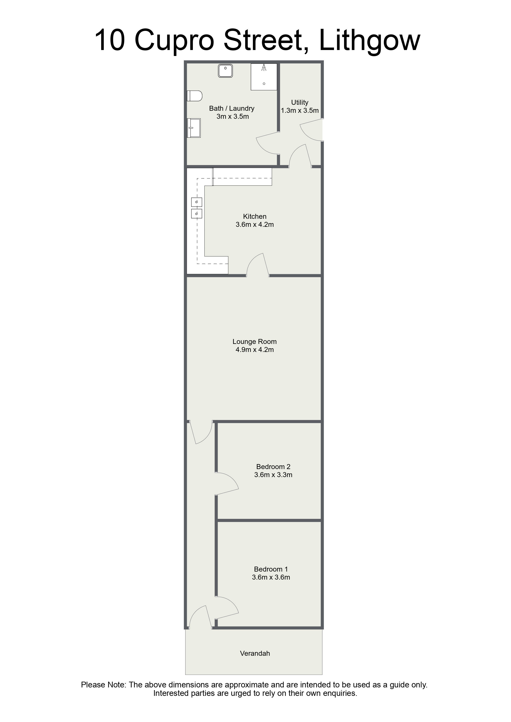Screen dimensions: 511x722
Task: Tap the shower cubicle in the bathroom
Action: (264, 77)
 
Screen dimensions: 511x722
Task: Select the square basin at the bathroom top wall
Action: (225, 71)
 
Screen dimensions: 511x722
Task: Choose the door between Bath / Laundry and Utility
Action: (268, 143)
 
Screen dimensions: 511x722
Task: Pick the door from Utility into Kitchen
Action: (300, 155)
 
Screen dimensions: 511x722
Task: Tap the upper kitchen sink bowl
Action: (196, 202)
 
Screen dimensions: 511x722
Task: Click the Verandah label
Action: (255, 653)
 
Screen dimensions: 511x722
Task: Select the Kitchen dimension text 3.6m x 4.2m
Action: (255, 225)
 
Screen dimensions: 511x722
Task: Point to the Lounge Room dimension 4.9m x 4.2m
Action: (255, 350)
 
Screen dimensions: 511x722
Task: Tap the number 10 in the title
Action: (110, 40)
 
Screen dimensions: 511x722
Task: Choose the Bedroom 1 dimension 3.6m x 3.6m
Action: (271, 577)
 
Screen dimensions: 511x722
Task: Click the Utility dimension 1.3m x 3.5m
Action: (300, 111)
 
